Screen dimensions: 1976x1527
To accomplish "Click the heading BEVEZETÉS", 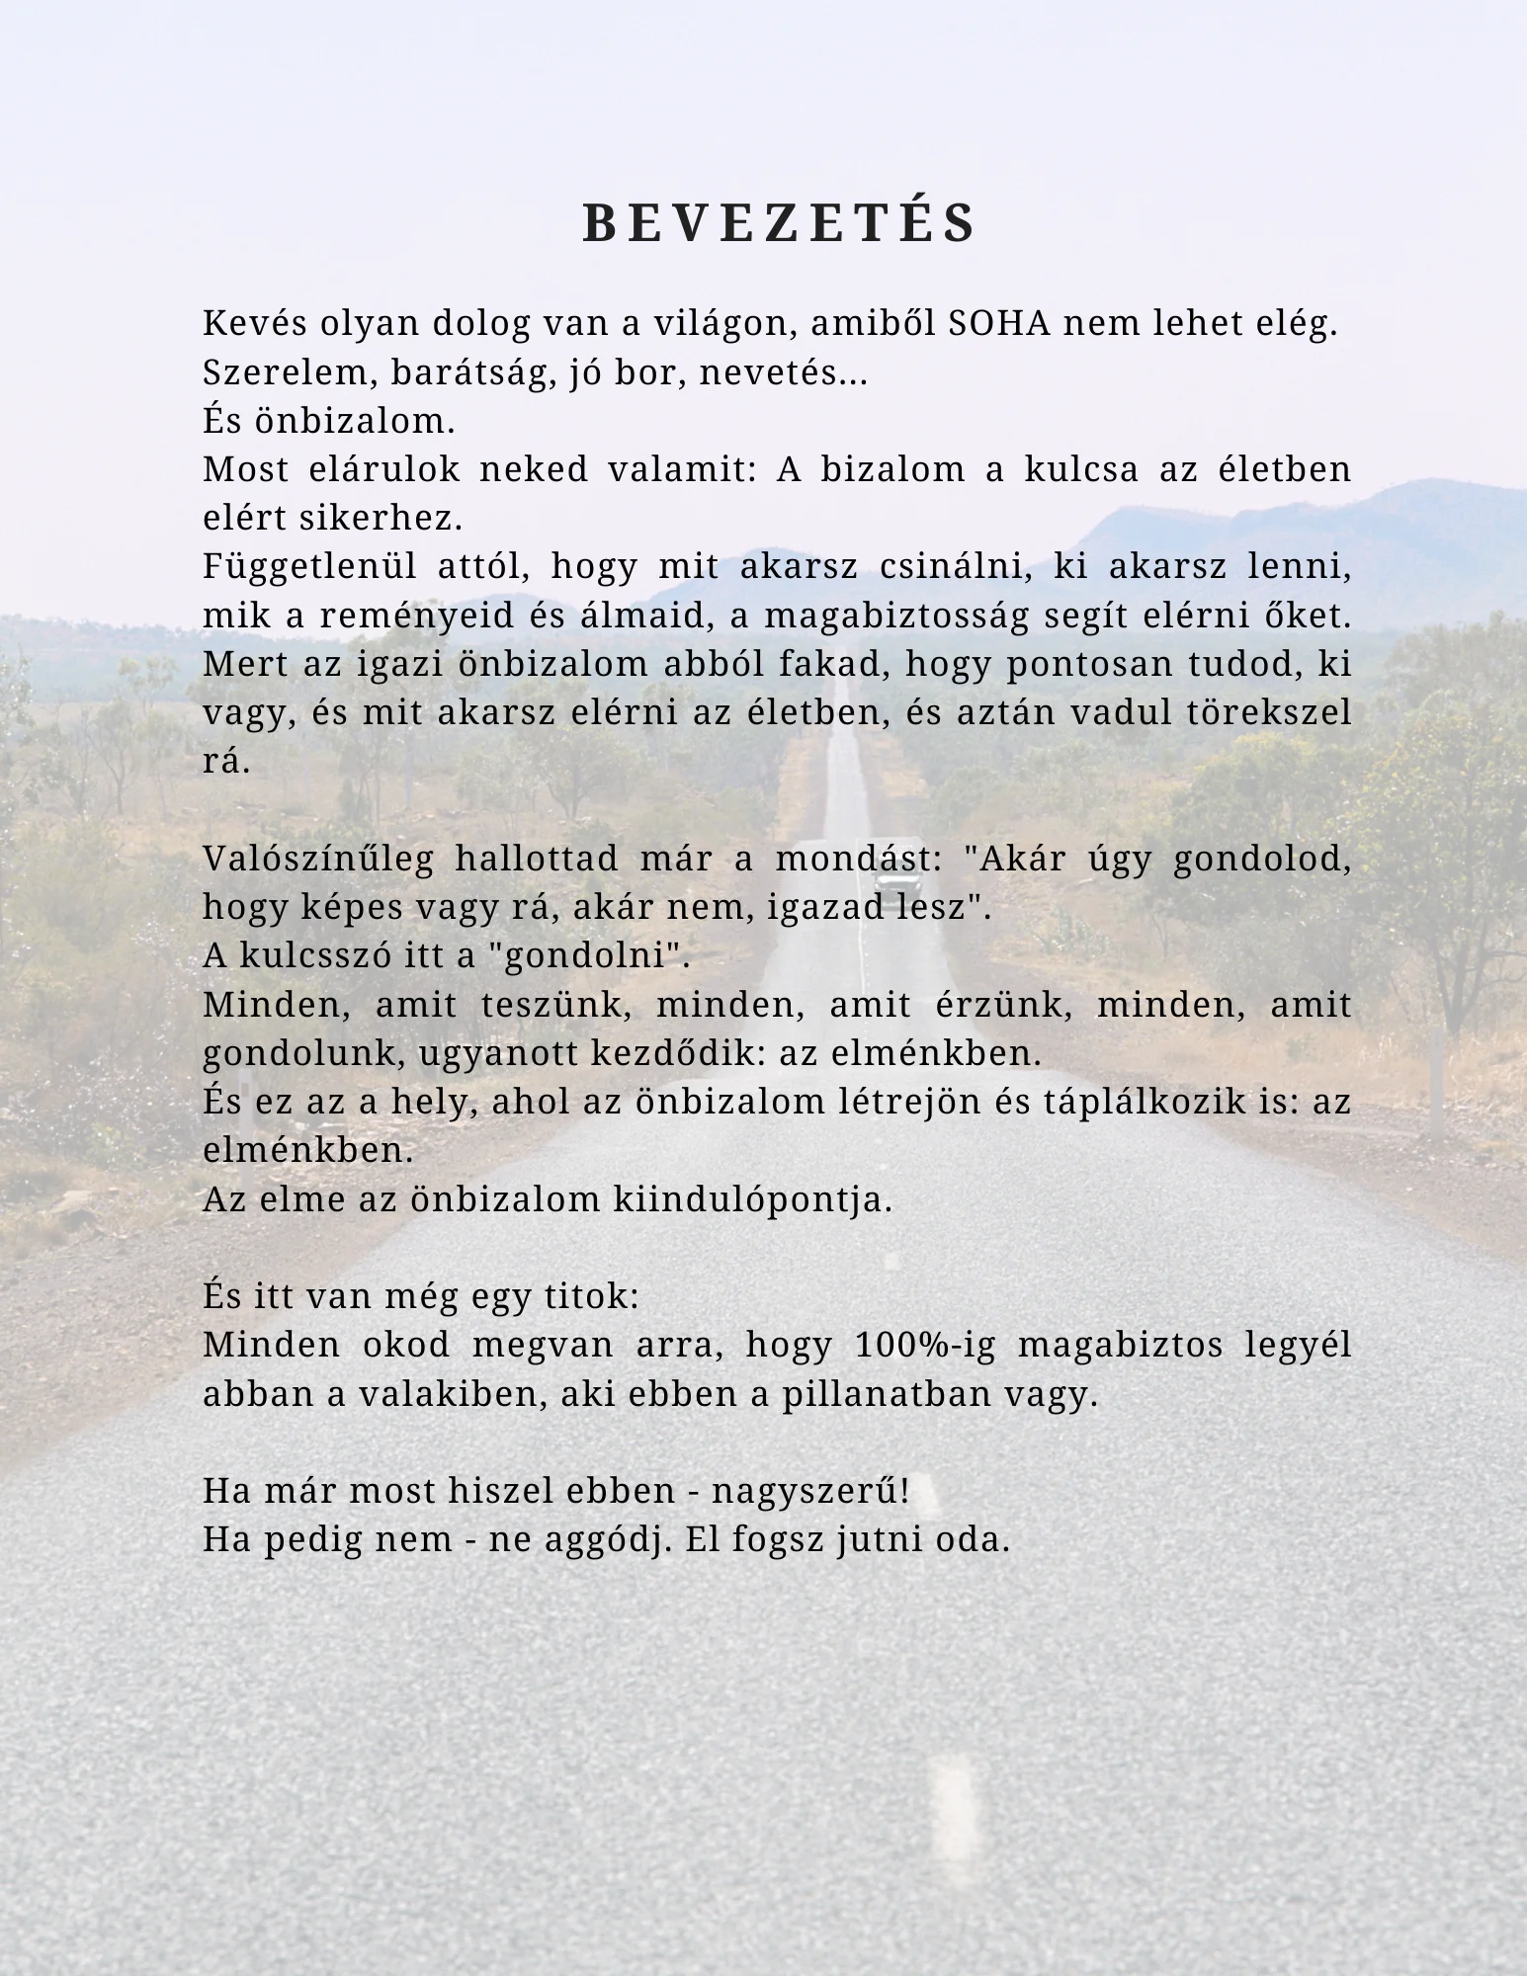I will coord(780,223).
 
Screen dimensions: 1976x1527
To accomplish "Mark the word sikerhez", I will coord(405,518).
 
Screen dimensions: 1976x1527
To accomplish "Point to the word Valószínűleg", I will coord(318,859).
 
